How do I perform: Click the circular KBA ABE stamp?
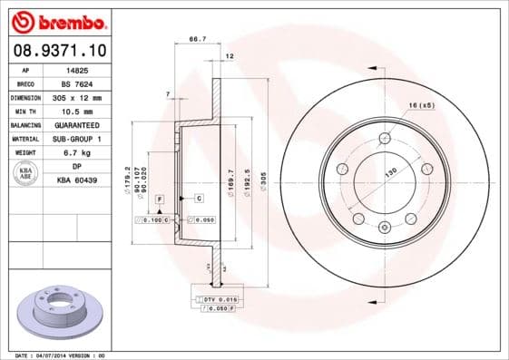(26, 174)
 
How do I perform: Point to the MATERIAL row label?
(24, 139)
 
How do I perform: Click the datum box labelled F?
(160, 198)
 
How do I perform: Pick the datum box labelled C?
(198, 198)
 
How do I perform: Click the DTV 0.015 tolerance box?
(220, 298)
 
